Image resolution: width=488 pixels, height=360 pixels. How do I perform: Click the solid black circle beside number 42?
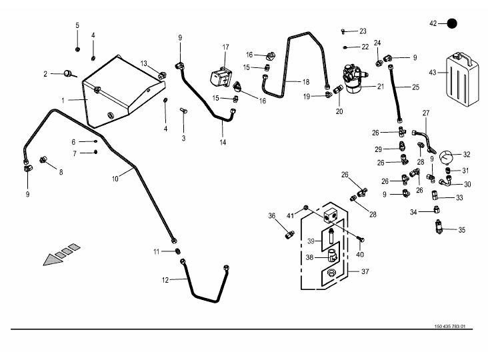coord(453,23)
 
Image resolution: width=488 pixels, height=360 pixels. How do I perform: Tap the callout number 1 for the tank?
coord(63,100)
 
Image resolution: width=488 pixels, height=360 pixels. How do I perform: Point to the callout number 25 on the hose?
coord(415,87)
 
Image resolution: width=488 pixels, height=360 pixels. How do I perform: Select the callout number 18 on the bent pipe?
coord(306,82)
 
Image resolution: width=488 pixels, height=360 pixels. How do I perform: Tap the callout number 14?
coord(223,143)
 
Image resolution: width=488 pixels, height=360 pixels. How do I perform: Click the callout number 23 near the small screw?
coord(363,31)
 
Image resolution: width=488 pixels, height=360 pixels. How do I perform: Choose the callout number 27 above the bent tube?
coord(426,113)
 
